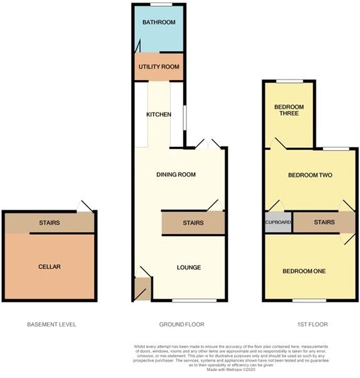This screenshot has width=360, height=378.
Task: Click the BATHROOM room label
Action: pos(159,23)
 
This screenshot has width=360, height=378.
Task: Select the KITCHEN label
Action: pos(159,114)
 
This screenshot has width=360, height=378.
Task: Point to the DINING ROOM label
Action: pos(176,175)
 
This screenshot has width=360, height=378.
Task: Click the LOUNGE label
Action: pos(189,267)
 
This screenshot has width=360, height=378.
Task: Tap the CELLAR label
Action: pos(49,267)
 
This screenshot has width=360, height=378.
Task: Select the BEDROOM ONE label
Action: pos(305,271)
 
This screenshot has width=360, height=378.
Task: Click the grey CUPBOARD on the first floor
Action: pos(278,223)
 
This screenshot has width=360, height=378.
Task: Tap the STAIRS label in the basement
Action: pos(49,222)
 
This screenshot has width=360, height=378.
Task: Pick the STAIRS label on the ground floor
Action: pos(193,222)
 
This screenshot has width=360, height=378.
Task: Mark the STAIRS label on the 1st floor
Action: pos(324,222)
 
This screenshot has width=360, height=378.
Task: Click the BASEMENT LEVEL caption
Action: pos(51,325)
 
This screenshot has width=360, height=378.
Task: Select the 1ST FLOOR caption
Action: pos(312,325)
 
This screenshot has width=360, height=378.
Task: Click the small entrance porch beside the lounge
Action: pos(142,289)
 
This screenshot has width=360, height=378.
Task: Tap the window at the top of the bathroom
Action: pos(159,5)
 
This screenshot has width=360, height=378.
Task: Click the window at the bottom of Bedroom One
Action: pos(309,301)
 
